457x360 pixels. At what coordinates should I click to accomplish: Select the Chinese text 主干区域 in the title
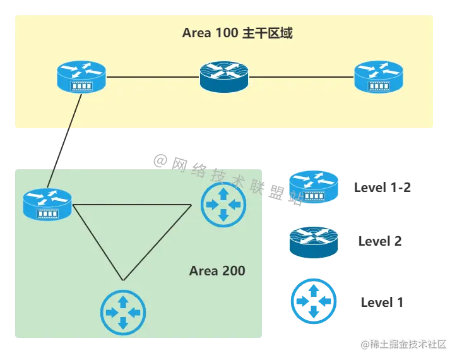(x=268, y=33)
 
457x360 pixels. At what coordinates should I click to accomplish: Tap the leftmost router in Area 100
(x=81, y=76)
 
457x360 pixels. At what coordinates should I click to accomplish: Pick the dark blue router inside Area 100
(x=224, y=76)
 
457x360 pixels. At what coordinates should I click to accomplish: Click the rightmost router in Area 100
(x=378, y=77)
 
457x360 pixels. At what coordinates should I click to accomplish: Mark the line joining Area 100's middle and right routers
(x=301, y=77)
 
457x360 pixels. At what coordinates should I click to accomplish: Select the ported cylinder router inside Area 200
(x=48, y=204)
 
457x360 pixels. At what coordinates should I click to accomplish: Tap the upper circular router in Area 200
(x=223, y=204)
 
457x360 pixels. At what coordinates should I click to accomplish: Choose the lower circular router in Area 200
(x=123, y=312)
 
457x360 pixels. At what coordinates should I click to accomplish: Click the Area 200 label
(x=217, y=272)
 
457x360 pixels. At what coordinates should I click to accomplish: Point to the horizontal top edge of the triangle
(x=133, y=205)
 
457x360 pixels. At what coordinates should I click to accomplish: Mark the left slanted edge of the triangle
(x=98, y=243)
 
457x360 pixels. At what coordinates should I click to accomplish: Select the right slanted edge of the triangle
(x=157, y=243)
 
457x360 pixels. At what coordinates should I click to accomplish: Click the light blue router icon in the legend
(x=314, y=188)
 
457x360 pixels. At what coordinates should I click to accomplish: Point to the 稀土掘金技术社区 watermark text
(x=404, y=344)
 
